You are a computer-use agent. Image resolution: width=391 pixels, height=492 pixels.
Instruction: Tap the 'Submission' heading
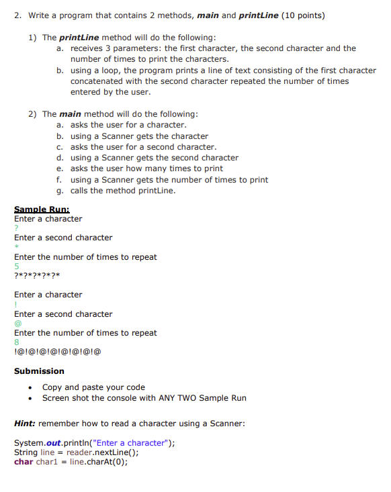coord(39,371)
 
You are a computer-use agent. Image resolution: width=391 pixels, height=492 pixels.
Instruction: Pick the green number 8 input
coord(16,342)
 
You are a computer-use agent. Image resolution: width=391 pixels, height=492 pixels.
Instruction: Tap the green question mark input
coord(16,228)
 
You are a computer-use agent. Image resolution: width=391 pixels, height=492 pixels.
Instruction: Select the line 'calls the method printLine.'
coord(123,191)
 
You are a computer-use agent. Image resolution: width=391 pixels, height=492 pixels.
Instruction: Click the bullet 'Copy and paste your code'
coord(93,387)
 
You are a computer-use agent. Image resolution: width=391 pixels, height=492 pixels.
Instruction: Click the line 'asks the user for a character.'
coord(128,125)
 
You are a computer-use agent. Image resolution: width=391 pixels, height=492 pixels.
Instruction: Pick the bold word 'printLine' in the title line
coord(259,15)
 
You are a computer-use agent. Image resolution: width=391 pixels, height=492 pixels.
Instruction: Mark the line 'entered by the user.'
coord(110,92)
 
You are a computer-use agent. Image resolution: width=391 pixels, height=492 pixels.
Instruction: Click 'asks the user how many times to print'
coord(146,168)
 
